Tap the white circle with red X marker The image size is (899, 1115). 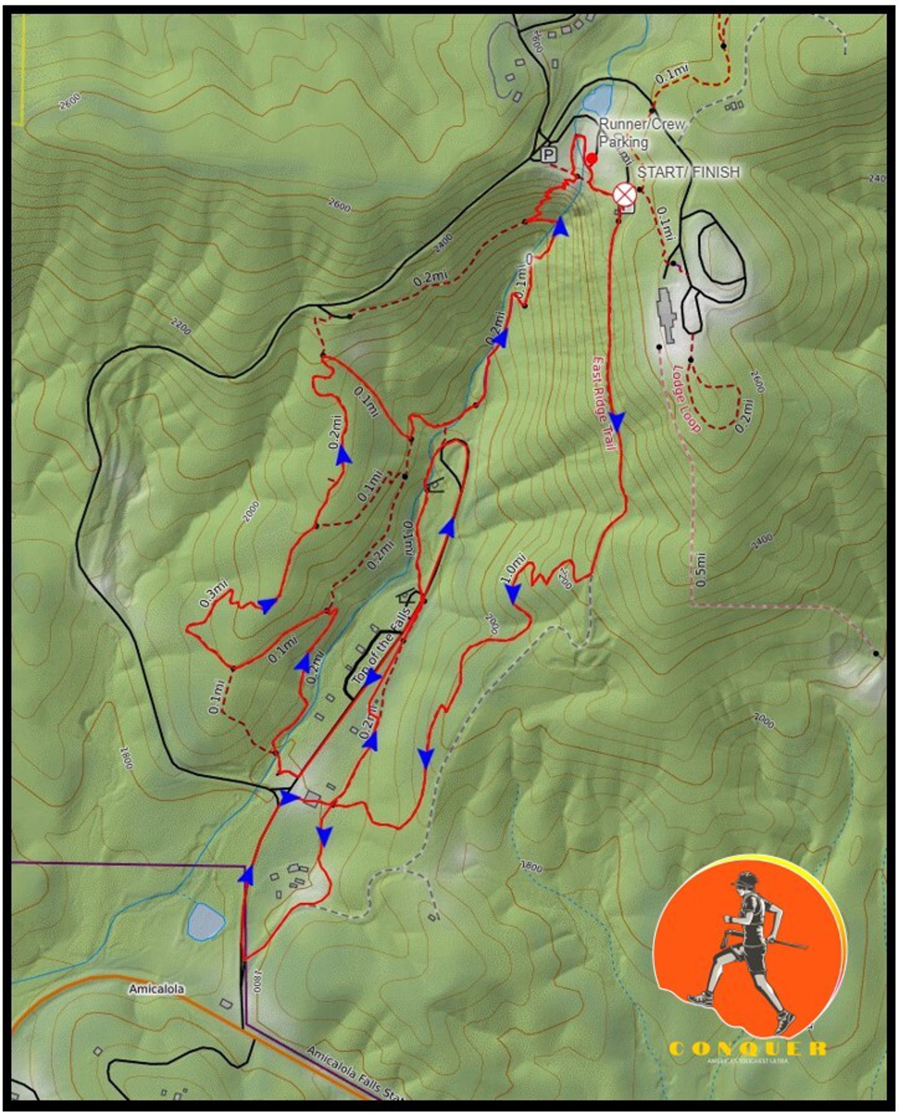coord(624,195)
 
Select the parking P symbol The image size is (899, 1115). coord(548,154)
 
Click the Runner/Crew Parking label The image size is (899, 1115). coord(641,133)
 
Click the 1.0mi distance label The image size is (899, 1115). coord(513,568)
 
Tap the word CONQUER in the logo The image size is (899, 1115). coord(747,1049)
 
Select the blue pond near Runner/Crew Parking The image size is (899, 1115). coord(598,100)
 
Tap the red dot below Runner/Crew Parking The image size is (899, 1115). coord(592,158)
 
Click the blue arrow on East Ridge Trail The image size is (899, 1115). coord(617,419)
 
